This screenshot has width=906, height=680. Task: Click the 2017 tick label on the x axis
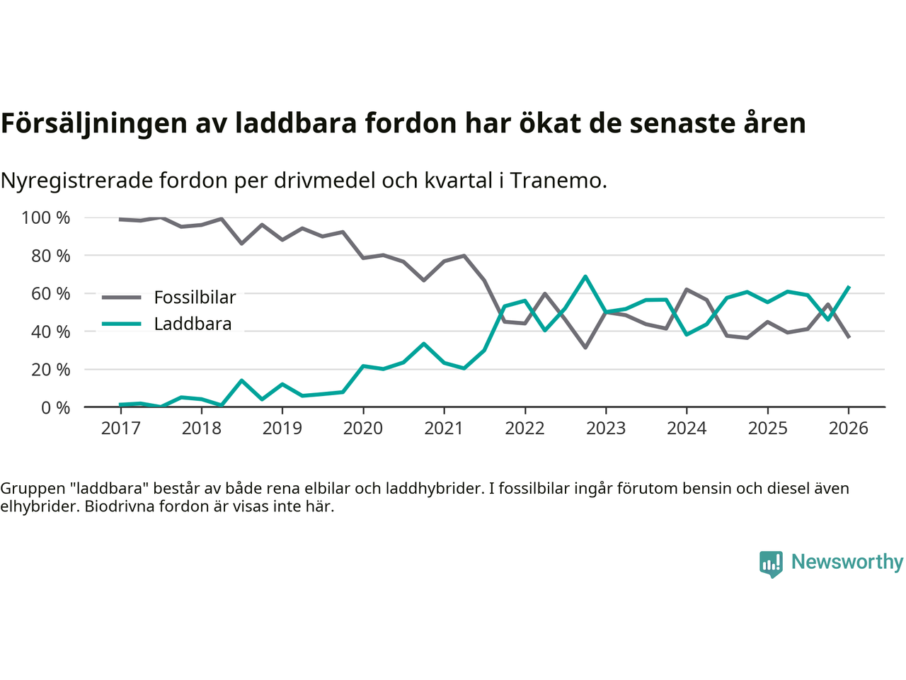(120, 429)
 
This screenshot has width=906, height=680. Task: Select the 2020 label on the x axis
(363, 429)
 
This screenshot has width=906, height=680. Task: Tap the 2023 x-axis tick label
(606, 429)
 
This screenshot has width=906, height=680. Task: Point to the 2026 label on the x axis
(849, 429)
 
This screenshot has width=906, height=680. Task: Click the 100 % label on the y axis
(46, 218)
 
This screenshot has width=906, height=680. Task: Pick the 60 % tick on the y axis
(50, 294)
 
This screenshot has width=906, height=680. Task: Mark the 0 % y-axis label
(55, 408)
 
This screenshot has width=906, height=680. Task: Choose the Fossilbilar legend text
(195, 297)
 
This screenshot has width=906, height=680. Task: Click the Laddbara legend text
(193, 324)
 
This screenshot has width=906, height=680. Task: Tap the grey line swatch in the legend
(121, 297)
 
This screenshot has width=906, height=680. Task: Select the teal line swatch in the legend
(121, 324)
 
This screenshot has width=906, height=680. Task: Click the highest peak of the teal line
(585, 276)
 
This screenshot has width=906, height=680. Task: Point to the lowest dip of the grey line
(585, 348)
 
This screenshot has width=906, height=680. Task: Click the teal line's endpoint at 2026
(849, 287)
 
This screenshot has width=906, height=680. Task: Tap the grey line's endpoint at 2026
(849, 337)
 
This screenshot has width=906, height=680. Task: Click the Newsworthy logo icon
(771, 564)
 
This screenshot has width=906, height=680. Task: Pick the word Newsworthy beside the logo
(847, 562)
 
